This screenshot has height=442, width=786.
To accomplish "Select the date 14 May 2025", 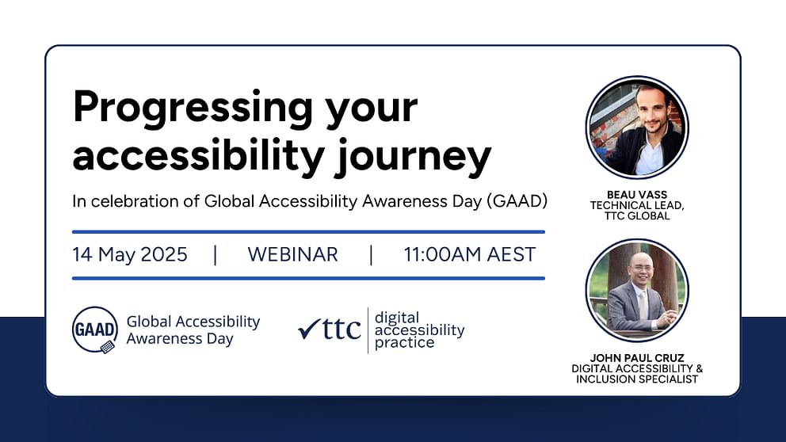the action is (x=130, y=254).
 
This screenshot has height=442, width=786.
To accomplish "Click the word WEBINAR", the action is (x=292, y=254).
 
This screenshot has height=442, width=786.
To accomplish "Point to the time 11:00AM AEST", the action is (x=470, y=254).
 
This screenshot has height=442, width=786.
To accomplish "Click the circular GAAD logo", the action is (x=95, y=330).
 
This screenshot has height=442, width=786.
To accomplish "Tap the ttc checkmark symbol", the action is (x=309, y=330).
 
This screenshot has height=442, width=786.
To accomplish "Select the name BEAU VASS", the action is (x=637, y=194).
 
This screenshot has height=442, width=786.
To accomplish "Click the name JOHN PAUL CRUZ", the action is (x=637, y=358).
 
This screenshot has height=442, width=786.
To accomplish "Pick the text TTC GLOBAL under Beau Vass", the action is (x=637, y=216).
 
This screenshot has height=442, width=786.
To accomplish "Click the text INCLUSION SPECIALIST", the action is (x=637, y=379).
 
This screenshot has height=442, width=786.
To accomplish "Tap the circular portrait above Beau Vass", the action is (x=637, y=128).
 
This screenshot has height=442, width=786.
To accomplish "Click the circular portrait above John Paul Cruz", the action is (x=637, y=291).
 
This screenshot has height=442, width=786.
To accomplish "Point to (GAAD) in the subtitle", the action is (x=517, y=201).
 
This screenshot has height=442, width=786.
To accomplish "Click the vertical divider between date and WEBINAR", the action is (x=216, y=254).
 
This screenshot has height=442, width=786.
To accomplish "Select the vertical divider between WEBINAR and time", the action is (x=371, y=254).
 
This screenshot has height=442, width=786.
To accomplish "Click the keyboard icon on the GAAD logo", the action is (x=108, y=347).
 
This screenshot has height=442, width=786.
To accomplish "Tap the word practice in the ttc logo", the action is (x=405, y=343).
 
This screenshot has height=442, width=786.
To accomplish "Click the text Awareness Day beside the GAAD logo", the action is (x=180, y=339).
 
